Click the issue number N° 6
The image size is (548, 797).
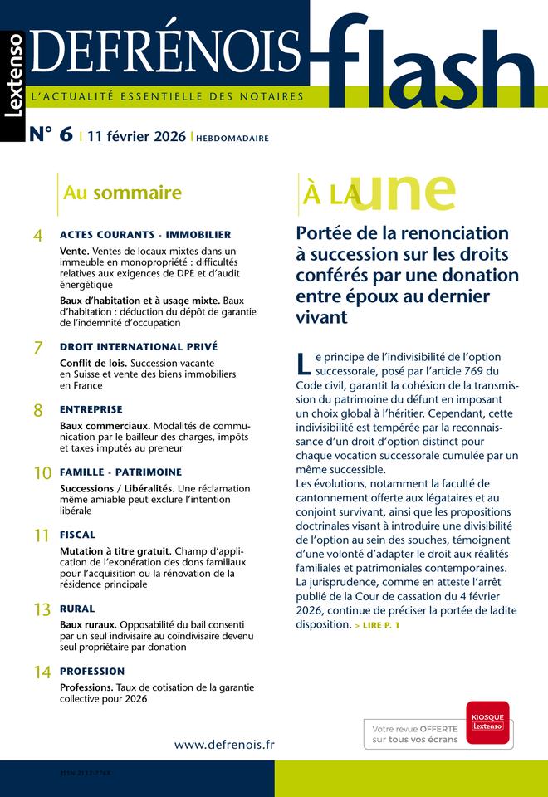click(51, 135)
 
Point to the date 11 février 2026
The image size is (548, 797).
click(136, 137)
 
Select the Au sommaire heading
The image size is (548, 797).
click(122, 193)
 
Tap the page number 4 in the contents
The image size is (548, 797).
click(37, 237)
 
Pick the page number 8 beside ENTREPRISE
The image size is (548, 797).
click(37, 411)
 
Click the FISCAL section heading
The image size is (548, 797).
click(77, 535)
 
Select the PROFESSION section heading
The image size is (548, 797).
click(92, 671)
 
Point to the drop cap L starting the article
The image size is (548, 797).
click(303, 363)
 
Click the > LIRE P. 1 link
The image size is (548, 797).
click(376, 625)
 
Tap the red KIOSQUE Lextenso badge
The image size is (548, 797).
click(487, 721)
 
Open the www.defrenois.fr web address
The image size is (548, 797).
click(224, 744)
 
